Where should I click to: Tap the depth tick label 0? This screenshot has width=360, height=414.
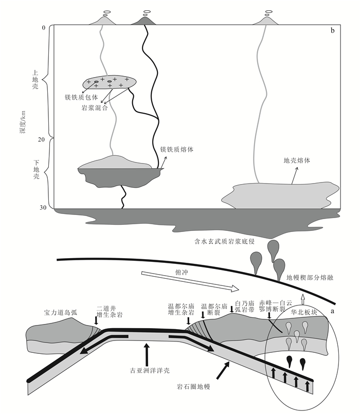44,27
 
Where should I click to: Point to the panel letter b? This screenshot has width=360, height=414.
333,31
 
